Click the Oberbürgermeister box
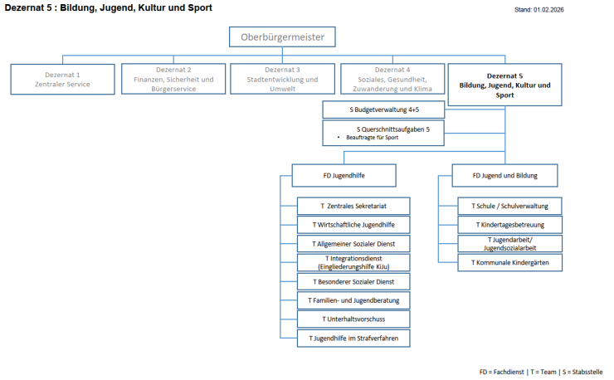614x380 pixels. (x=282, y=37)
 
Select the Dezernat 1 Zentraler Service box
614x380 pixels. (x=63, y=78)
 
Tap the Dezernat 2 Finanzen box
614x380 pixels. (x=172, y=78)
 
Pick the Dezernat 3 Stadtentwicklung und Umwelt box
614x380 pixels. (x=282, y=78)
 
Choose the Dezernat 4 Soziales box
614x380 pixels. (x=392, y=78)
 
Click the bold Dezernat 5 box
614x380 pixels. (x=504, y=84)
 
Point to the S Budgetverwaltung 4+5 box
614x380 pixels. (x=383, y=110)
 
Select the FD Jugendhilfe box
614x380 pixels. (x=344, y=175)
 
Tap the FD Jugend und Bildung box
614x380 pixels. (x=504, y=175)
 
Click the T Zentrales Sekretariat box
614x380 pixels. (x=353, y=205)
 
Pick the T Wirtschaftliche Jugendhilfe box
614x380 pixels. (x=353, y=224)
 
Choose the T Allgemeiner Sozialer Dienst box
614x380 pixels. (x=353, y=244)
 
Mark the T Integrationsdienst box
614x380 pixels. (x=353, y=263)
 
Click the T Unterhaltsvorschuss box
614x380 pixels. (x=353, y=319)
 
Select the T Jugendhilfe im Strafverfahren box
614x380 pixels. (x=353, y=338)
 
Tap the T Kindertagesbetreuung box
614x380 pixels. (x=509, y=224)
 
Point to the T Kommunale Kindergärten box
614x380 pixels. (x=509, y=262)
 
